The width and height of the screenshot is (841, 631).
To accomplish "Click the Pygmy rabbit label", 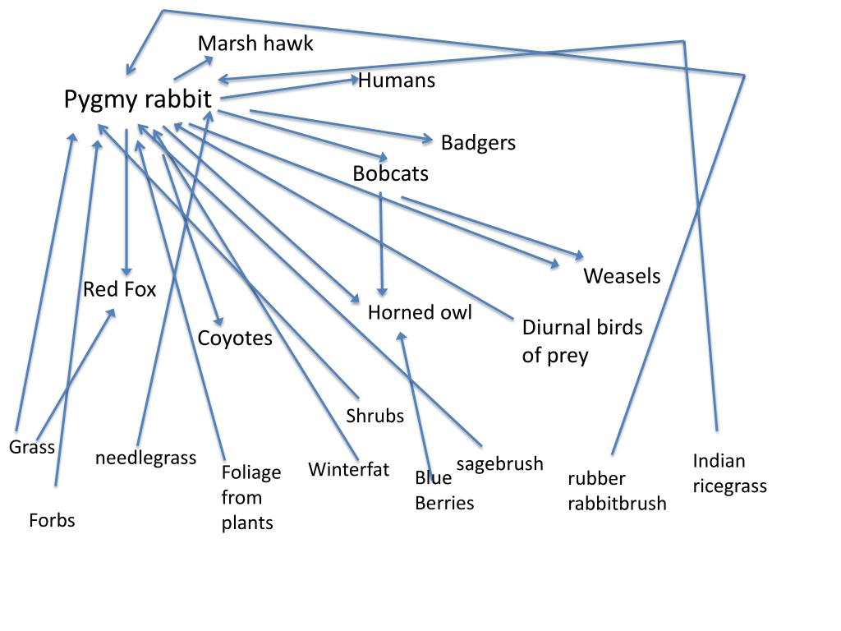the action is [138, 99].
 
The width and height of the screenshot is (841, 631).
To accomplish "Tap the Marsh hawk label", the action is [255, 44].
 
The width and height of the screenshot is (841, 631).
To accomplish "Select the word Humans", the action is [397, 81].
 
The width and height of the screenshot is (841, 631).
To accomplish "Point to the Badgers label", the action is [478, 143].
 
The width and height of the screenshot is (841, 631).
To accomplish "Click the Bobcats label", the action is [390, 173].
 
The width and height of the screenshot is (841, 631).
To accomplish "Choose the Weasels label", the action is [622, 276].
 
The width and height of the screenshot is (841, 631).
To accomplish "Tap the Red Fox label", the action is [119, 289].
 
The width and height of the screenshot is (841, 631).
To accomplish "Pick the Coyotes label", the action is [235, 339].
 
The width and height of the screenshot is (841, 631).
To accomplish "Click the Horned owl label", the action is [420, 312].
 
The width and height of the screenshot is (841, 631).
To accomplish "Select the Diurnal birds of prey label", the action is [582, 341].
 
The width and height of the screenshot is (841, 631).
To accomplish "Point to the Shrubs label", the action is [375, 416].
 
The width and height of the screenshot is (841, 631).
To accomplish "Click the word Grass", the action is [32, 447].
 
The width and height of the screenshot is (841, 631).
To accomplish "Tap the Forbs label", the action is [52, 520].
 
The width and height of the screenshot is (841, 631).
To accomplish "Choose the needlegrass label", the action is [145, 458].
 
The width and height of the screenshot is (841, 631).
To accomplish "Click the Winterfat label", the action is [348, 469].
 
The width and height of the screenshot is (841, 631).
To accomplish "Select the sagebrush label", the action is [499, 464].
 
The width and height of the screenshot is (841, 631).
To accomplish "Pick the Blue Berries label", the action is [444, 491].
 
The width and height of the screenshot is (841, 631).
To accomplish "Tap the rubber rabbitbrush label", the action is [617, 491].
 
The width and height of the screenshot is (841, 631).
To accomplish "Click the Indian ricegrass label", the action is [729, 473].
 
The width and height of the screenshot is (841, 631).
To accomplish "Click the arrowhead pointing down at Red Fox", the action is [126, 270].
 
